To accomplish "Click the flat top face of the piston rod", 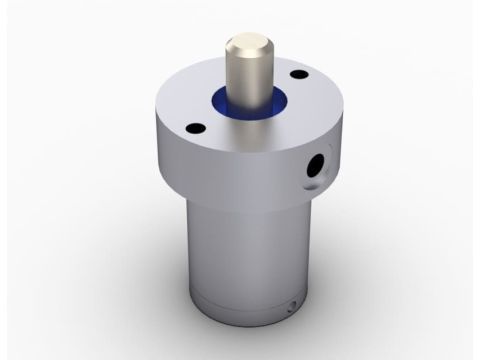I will (246, 43).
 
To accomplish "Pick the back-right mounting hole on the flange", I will (299, 74).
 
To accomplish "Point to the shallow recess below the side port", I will (309, 186).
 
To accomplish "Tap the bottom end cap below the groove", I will (240, 318).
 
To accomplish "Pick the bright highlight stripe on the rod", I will (240, 80).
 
